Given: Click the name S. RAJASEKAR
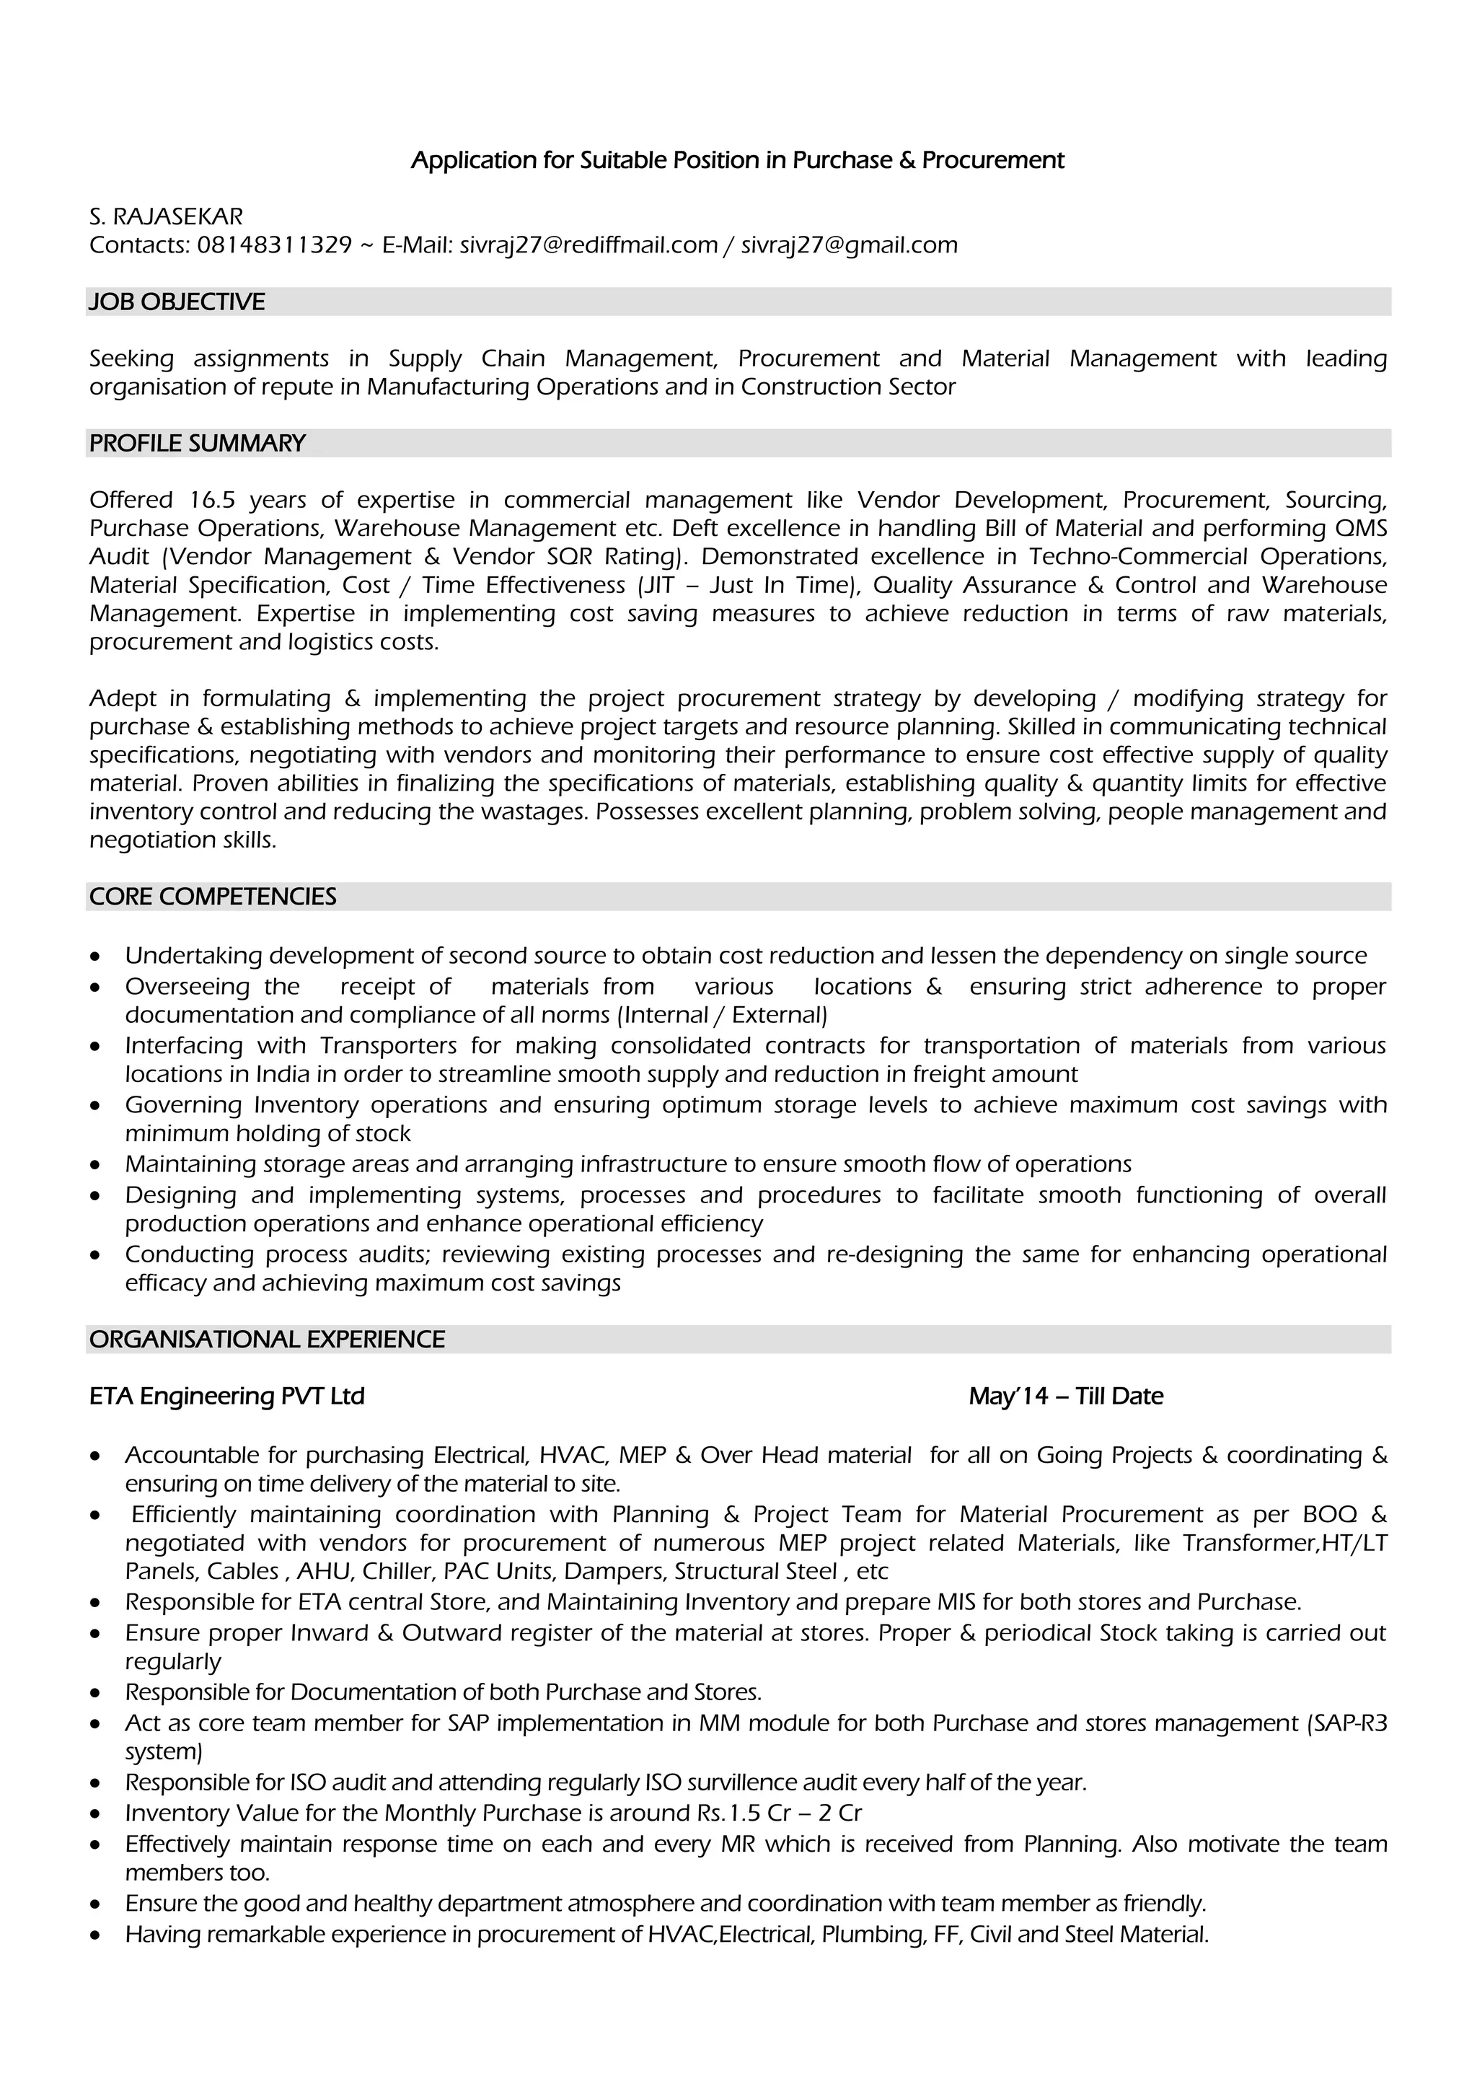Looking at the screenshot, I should tap(166, 216).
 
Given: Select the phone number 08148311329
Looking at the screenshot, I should tap(274, 245).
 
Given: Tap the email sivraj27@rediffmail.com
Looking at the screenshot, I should tap(588, 245).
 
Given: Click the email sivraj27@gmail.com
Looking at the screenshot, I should tap(849, 245).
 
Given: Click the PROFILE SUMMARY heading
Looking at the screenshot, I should tap(198, 443).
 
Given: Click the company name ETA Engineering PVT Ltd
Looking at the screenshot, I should tap(226, 1397).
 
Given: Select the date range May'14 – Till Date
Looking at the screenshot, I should tap(1066, 1397).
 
